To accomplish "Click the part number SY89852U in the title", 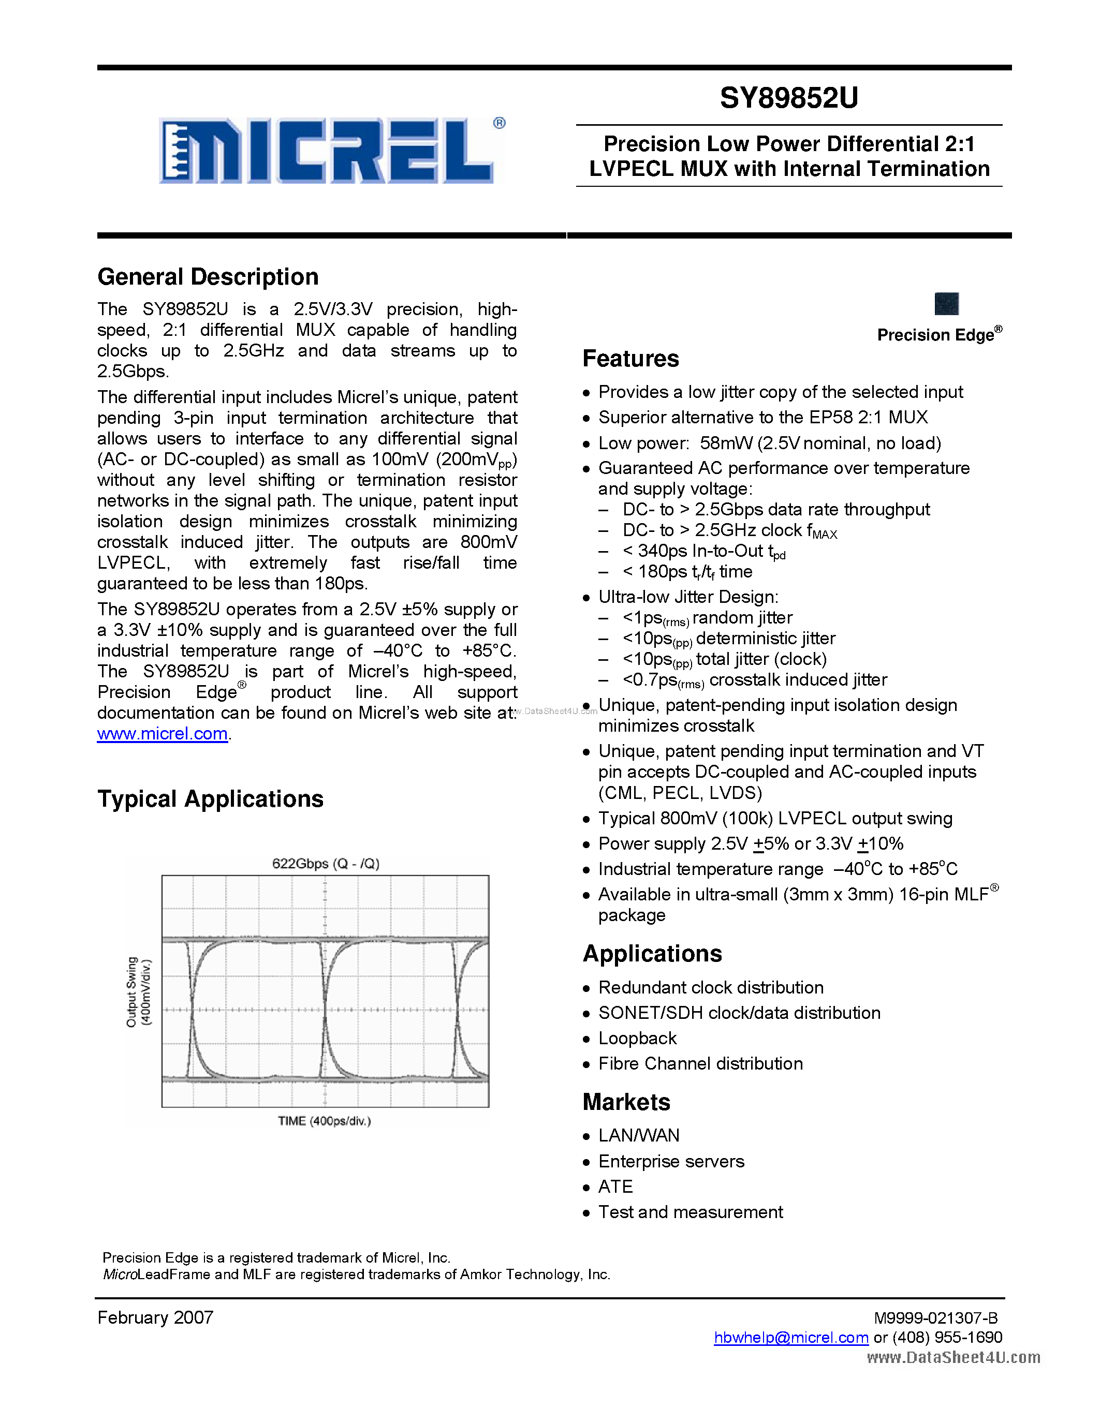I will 788,98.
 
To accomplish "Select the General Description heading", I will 208,277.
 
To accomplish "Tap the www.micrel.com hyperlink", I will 162,734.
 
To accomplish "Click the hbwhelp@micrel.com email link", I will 790,1338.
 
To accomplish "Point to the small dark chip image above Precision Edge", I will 946,304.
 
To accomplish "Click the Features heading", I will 630,359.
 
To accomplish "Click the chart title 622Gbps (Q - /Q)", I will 325,863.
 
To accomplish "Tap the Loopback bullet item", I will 637,1039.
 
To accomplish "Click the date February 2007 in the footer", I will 155,1317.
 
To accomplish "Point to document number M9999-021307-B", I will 935,1318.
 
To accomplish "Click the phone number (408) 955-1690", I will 947,1338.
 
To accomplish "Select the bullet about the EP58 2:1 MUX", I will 762,418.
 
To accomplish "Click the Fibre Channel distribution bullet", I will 700,1064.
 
